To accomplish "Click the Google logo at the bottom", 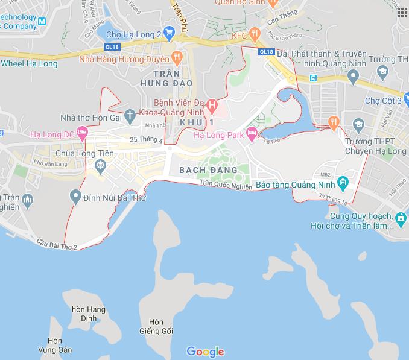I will point(205,352).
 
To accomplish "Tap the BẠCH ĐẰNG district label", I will point(209,171).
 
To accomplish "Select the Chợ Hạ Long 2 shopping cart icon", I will point(169,34).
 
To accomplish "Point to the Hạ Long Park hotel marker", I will point(252,134).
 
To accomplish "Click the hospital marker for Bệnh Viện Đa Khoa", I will point(212,106).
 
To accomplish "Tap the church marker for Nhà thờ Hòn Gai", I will point(128,115).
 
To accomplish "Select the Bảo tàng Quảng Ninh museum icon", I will point(343,183).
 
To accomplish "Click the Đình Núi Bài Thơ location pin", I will point(75,195).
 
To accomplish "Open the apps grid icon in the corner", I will point(402,13).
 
